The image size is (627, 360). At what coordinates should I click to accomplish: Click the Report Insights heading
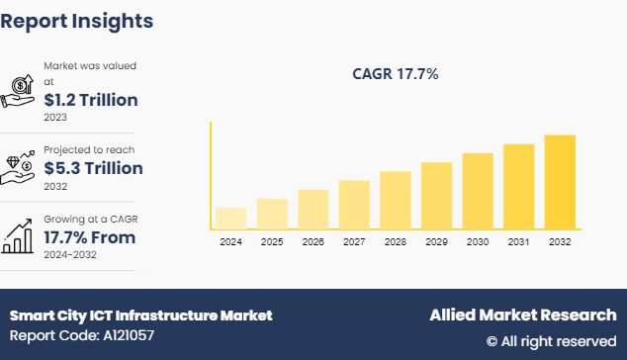pyautogui.click(x=77, y=20)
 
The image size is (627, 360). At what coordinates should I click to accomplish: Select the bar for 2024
pyautogui.click(x=230, y=218)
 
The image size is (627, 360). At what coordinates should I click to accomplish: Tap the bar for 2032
pyautogui.click(x=560, y=181)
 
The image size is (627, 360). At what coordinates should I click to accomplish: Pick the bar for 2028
pyautogui.click(x=395, y=200)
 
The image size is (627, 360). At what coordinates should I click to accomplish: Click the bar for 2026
pyautogui.click(x=313, y=209)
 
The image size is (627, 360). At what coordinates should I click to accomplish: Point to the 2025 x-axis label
pyautogui.click(x=272, y=241)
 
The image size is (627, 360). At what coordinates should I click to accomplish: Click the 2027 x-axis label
pyautogui.click(x=354, y=241)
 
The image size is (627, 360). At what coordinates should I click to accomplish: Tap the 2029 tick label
pyautogui.click(x=436, y=241)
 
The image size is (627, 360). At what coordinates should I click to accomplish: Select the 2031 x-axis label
pyautogui.click(x=518, y=241)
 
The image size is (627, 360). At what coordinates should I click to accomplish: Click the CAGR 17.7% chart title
pyautogui.click(x=396, y=73)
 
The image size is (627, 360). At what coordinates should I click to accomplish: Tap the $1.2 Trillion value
pyautogui.click(x=91, y=100)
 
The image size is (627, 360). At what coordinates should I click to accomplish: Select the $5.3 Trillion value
pyautogui.click(x=94, y=168)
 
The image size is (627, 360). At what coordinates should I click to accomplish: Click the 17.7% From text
pyautogui.click(x=90, y=237)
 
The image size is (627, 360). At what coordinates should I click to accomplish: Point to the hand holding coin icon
pyautogui.click(x=20, y=88)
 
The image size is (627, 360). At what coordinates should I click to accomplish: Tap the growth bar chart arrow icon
pyautogui.click(x=20, y=234)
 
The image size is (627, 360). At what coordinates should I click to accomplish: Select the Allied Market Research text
pyautogui.click(x=522, y=315)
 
